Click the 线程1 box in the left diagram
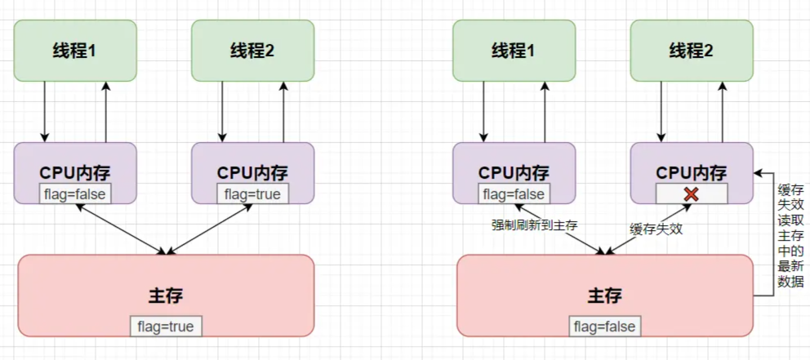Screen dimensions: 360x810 coord(75,51)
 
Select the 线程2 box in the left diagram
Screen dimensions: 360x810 coord(252,51)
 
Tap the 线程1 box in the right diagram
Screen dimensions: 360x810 coord(514,51)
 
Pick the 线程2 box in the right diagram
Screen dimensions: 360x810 coord(692,51)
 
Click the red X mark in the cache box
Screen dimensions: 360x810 coord(691,194)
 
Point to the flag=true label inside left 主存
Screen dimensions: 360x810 coord(166,327)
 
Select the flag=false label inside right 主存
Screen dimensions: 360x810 coord(604,327)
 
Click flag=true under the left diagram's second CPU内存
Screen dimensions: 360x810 coord(252,194)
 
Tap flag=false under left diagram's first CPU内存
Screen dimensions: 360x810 coord(75,194)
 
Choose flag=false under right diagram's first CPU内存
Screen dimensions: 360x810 coord(514,194)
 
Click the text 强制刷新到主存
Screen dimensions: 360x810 coord(534,225)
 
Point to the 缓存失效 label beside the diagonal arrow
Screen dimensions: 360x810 coord(656,229)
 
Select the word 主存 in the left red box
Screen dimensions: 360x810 coord(166,295)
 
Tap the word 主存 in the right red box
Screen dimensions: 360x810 coord(604,295)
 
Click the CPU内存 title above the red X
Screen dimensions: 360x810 coord(692,173)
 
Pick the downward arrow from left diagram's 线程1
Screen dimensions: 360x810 coord(45,111)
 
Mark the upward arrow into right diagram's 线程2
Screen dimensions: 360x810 coord(722,111)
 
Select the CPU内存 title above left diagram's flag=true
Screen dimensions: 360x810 coord(252,173)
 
